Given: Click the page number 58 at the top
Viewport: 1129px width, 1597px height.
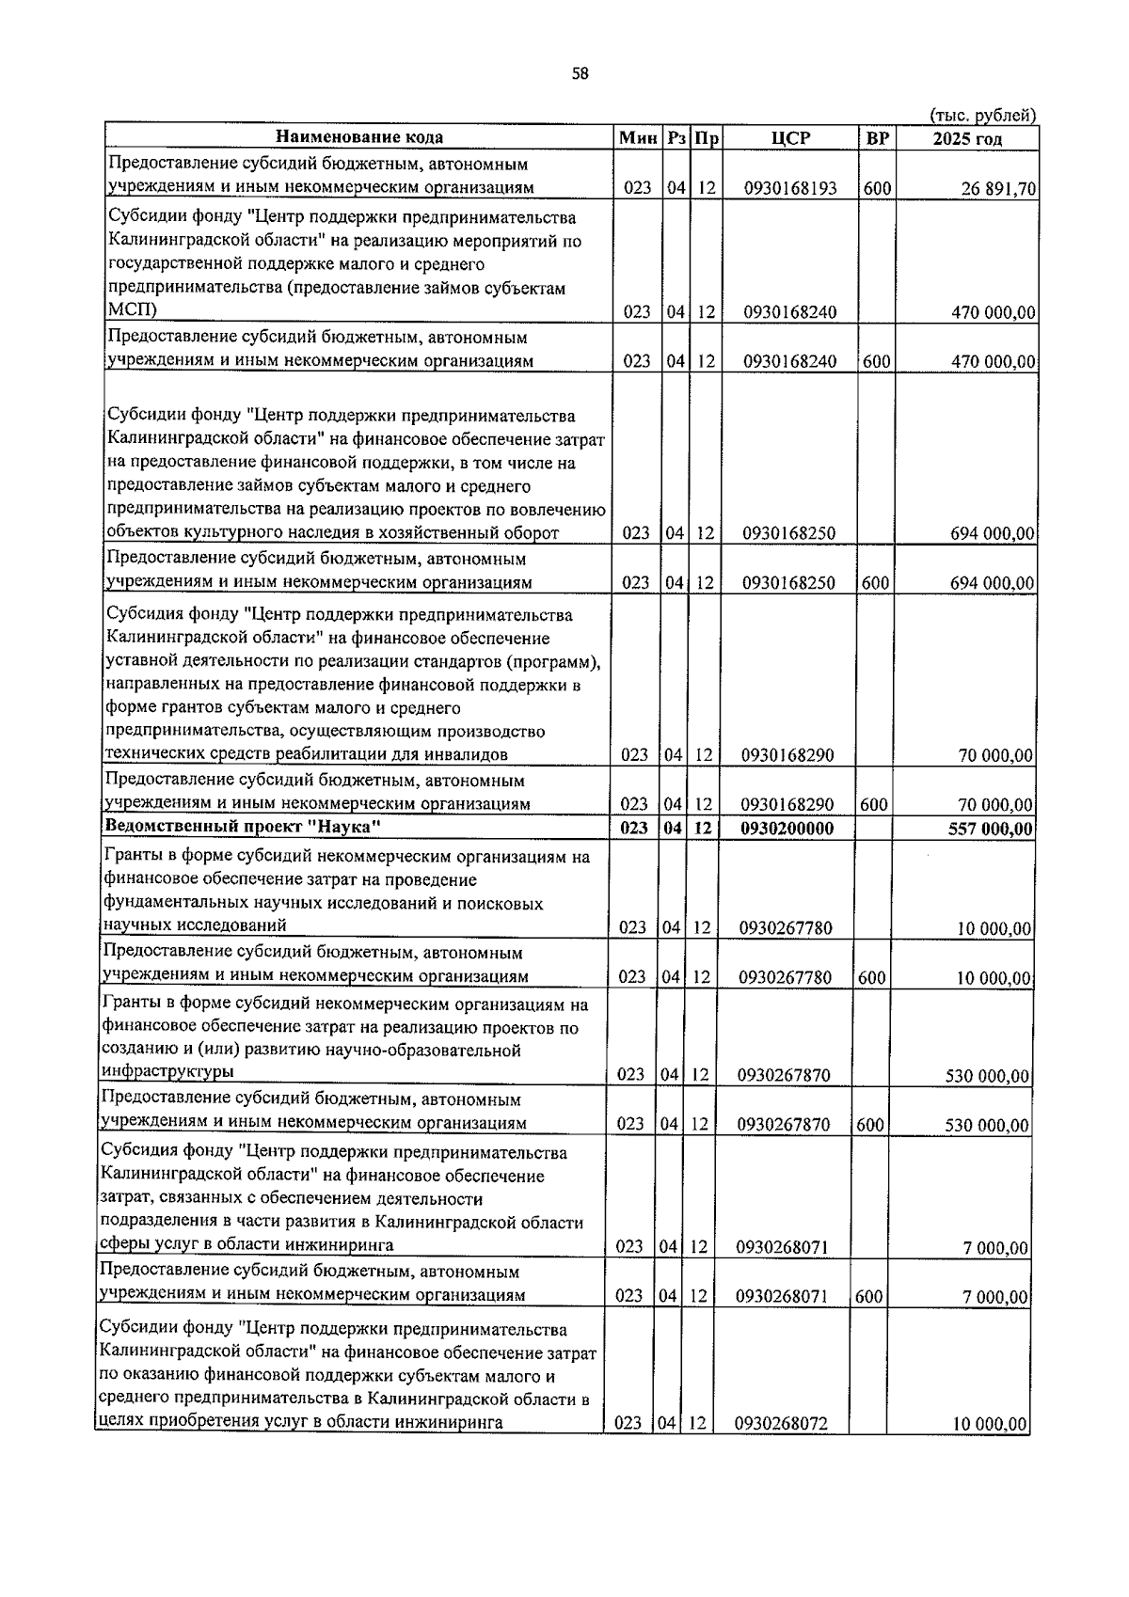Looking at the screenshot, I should point(580,74).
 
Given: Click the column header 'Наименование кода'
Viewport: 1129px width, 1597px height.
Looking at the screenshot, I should point(359,138).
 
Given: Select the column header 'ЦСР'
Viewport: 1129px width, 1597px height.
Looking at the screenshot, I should point(790,138).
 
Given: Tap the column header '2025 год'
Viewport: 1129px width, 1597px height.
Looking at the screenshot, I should point(966,138).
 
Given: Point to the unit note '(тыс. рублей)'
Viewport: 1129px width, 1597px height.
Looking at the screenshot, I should point(982,116).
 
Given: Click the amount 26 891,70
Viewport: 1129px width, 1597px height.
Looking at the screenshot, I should point(997,188).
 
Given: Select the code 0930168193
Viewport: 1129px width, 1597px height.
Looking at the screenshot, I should point(789,188).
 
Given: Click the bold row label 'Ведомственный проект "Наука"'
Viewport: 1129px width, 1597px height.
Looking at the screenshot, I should point(243,827).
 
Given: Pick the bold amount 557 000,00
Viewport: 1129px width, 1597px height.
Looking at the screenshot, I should point(990,829).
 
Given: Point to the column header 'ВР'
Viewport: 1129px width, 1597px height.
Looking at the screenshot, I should point(877,138).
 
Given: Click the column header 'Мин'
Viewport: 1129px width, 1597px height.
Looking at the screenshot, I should point(637,138).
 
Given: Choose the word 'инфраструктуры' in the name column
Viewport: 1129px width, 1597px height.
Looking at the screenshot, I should point(167,1071).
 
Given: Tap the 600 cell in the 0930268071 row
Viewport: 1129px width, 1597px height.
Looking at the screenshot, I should point(868,1296).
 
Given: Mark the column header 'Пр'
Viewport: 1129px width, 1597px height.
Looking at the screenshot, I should point(706,138).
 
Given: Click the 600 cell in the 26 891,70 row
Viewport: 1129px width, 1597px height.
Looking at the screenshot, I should point(877,188).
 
